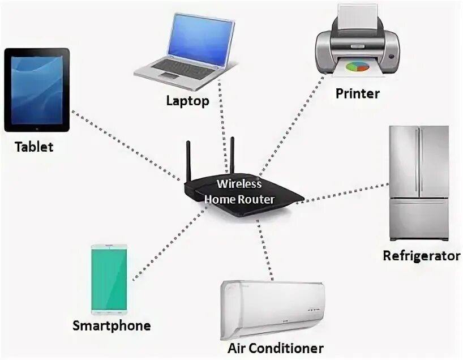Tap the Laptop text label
pyautogui.click(x=187, y=101)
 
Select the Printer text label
pyautogui.click(x=357, y=93)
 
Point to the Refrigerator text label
pyautogui.click(x=421, y=255)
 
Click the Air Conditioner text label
pyautogui.click(x=276, y=348)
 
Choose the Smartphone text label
pyautogui.click(x=112, y=325)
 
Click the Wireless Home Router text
pyautogui.click(x=240, y=191)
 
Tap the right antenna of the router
pyautogui.click(x=231, y=153)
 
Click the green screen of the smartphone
pyautogui.click(x=109, y=279)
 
